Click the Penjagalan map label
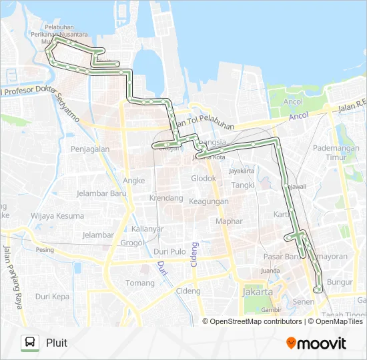coord(90,149)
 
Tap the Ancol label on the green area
coord(292,102)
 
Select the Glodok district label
coord(204,178)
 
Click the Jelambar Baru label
coord(101,193)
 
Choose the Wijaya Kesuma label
coord(57,215)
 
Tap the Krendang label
coord(166,198)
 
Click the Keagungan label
coord(208,201)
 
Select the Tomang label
coord(140,283)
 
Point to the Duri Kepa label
coord(52,296)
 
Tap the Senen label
coord(304,302)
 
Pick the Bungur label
coord(340,282)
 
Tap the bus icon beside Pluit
coord(29,343)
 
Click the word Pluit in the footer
coord(57,343)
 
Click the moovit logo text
coord(323,343)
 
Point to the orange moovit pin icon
coord(291,343)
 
